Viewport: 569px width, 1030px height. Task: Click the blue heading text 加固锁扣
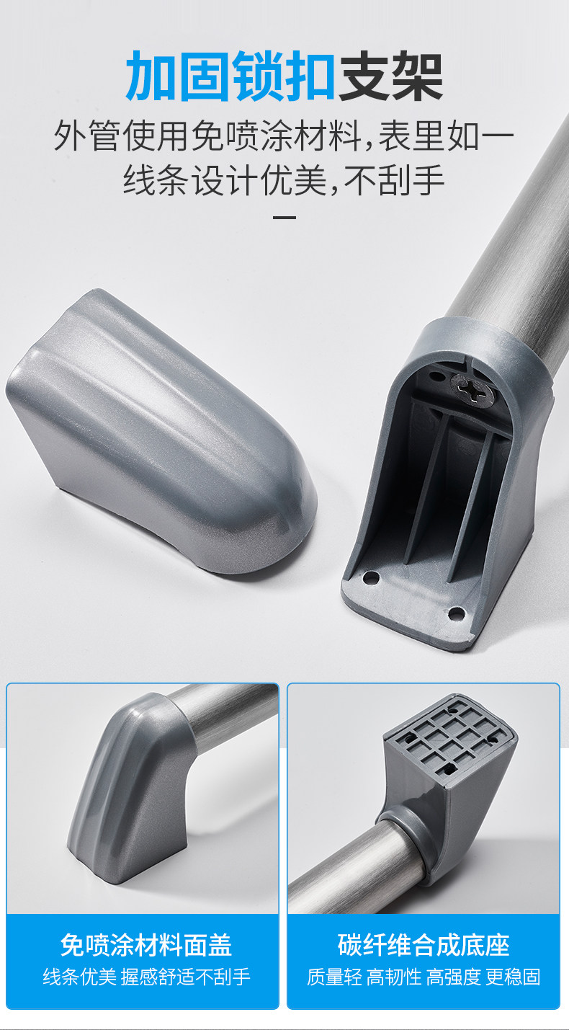230,76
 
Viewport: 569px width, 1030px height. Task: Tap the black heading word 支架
390,76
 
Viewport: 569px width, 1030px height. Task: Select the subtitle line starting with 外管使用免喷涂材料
284,136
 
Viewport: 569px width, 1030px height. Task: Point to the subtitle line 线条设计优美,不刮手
284,179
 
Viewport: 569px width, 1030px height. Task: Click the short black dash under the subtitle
284,217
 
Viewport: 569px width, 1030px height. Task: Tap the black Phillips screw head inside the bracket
472,389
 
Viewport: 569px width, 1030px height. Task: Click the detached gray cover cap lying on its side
161,432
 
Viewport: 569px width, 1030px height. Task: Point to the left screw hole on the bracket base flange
370,577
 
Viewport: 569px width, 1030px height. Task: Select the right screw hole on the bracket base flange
456,612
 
